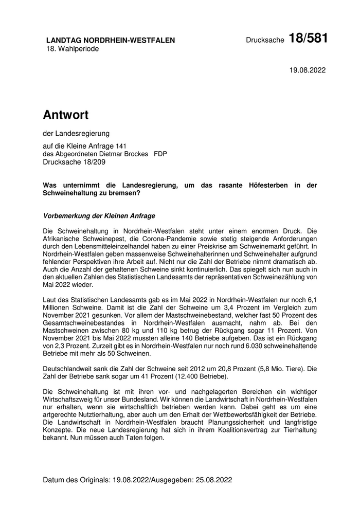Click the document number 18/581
point(308,39)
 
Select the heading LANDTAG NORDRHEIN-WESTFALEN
point(111,40)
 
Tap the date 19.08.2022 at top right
point(308,70)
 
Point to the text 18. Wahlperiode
point(73,49)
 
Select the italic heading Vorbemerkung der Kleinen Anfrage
point(99,215)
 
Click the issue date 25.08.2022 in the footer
point(214,480)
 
